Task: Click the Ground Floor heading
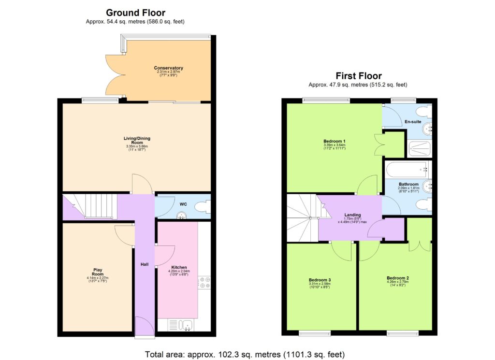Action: pyautogui.click(x=135, y=13)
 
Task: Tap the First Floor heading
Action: pyautogui.click(x=359, y=76)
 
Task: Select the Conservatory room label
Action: pyautogui.click(x=168, y=68)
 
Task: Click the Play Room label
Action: pyautogui.click(x=98, y=272)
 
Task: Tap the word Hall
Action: pyautogui.click(x=145, y=264)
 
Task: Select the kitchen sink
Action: pyautogui.click(x=185, y=325)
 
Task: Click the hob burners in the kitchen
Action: pyautogui.click(x=204, y=282)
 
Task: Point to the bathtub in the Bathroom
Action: pyautogui.click(x=408, y=170)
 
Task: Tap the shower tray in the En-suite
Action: pyautogui.click(x=419, y=148)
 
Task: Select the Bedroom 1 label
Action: pyautogui.click(x=331, y=141)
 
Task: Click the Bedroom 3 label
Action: pyautogui.click(x=320, y=280)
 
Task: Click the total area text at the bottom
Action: pyautogui.click(x=245, y=354)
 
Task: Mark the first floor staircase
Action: pyautogui.click(x=302, y=217)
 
